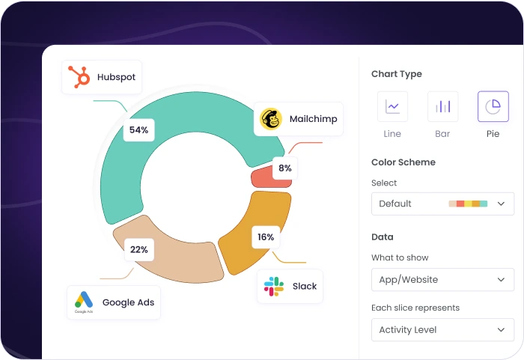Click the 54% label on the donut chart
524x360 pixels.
point(139,129)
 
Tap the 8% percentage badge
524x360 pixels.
point(284,168)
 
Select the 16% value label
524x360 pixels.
point(266,237)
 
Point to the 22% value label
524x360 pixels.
point(139,249)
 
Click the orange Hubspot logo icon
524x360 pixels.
point(79,77)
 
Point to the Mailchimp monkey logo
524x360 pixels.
point(270,119)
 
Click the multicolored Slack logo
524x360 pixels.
point(274,286)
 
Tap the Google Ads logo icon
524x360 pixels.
point(83,302)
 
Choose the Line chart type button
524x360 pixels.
point(392,106)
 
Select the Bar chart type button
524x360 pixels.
point(442,106)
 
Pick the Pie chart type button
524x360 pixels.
point(493,106)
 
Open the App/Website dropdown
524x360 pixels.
point(442,280)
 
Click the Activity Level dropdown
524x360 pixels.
point(442,329)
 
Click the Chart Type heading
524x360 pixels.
point(397,74)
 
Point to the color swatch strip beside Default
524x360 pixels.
point(468,204)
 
